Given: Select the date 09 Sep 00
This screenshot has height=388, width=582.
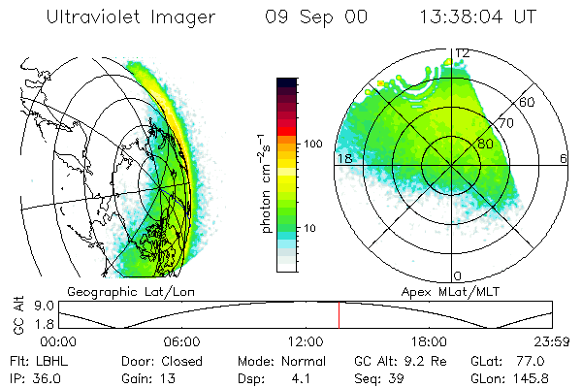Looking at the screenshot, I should click(303, 18).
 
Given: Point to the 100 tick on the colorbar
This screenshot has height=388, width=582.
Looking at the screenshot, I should click(312, 144).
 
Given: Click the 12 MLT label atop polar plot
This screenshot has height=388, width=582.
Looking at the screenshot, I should click(462, 52).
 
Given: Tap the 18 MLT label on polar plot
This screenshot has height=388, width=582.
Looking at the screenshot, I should click(342, 158).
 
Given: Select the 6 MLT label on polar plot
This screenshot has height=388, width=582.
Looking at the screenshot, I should click(564, 158).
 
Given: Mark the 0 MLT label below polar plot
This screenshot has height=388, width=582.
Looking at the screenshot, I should click(458, 276).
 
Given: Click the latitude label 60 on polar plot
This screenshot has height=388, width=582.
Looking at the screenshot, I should click(527, 102).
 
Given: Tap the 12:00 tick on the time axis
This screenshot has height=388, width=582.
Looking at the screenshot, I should click(306, 341).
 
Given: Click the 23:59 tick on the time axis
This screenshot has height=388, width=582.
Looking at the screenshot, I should click(552, 341).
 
